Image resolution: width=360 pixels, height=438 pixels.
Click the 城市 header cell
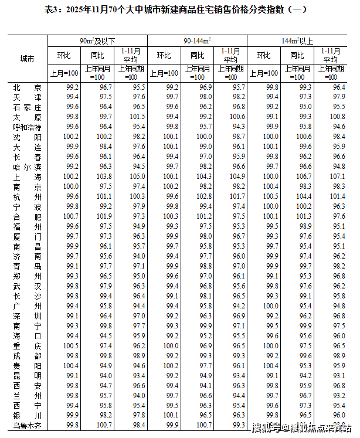point(27,59)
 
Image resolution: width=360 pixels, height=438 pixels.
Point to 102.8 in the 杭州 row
point(205,195)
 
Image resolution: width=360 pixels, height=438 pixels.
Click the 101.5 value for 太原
point(138,116)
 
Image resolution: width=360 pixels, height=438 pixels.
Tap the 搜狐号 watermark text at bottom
point(265,427)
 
